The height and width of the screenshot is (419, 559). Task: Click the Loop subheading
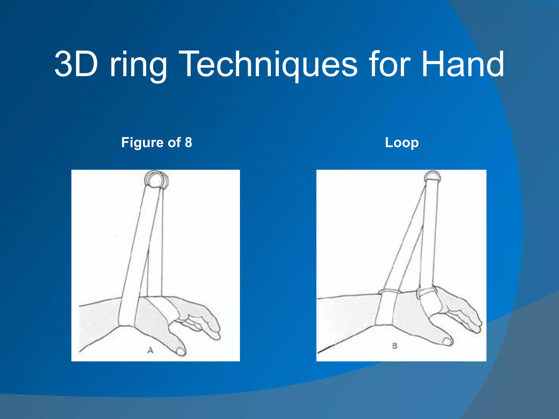click(402, 143)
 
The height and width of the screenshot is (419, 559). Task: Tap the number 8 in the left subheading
click(188, 142)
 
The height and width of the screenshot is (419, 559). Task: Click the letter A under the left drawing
click(150, 350)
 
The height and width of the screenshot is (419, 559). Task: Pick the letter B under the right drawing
click(395, 346)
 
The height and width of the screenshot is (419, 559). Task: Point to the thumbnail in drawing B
click(447, 341)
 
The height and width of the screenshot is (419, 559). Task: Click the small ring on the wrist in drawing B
click(390, 292)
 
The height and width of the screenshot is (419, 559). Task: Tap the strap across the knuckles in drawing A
click(164, 307)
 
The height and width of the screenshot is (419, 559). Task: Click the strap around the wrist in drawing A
click(127, 311)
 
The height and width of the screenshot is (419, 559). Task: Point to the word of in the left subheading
click(174, 142)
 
